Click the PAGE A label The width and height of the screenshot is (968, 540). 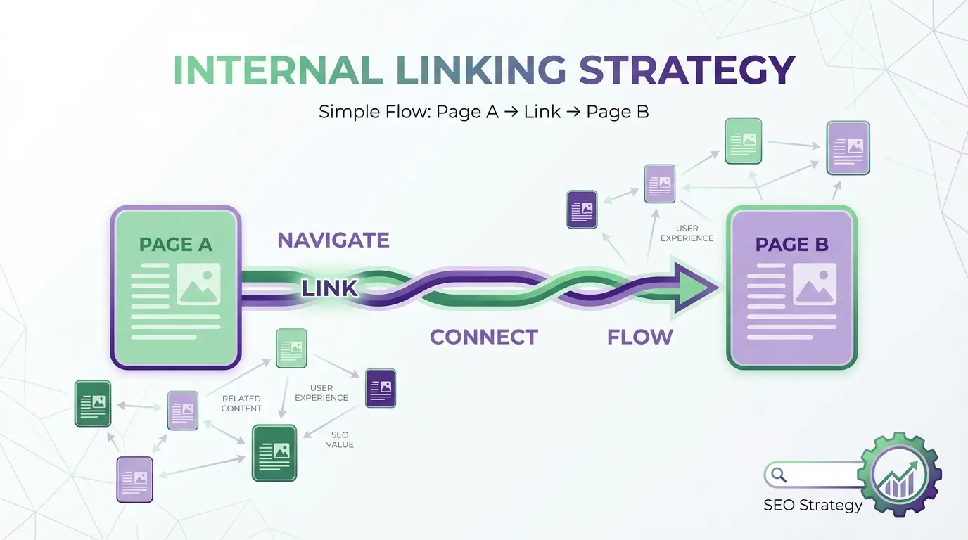click(176, 245)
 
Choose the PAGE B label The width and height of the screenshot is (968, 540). click(791, 245)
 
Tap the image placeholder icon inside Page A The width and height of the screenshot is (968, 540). click(199, 284)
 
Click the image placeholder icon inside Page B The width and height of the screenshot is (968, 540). click(815, 284)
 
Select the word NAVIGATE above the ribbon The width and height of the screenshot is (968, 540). click(333, 240)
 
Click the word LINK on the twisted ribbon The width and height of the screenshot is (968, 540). click(330, 288)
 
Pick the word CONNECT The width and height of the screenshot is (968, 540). click(484, 337)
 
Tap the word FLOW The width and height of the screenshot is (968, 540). click(640, 337)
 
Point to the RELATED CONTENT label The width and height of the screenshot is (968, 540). click(241, 404)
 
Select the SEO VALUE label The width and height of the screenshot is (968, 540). click(340, 439)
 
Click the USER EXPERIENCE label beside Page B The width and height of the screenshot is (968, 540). click(687, 233)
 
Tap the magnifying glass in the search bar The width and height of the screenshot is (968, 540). click(779, 475)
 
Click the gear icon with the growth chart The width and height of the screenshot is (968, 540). click(900, 475)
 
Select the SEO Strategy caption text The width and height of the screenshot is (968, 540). click(813, 505)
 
